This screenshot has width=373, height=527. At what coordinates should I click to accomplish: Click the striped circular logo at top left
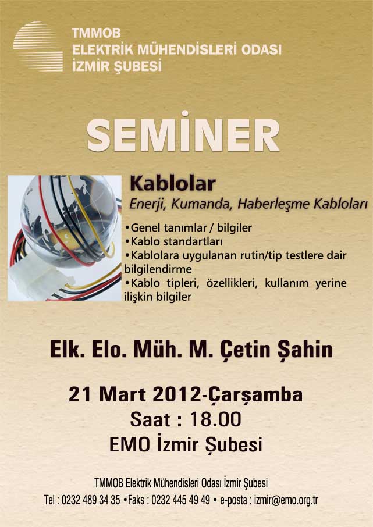click(x=38, y=47)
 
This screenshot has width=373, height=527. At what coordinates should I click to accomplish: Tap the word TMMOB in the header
click(x=96, y=33)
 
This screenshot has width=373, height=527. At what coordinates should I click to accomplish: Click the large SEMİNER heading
click(x=183, y=133)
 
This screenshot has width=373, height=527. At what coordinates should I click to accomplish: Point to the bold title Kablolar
click(x=173, y=183)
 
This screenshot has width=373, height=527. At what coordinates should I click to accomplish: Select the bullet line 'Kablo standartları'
click(x=173, y=241)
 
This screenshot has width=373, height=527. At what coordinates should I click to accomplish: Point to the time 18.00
click(x=215, y=419)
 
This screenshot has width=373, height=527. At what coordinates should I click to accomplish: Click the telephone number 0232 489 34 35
click(x=91, y=500)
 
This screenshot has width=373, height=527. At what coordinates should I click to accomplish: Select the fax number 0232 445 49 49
click(x=180, y=500)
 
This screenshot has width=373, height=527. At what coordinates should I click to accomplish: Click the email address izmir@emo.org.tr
click(x=286, y=500)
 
